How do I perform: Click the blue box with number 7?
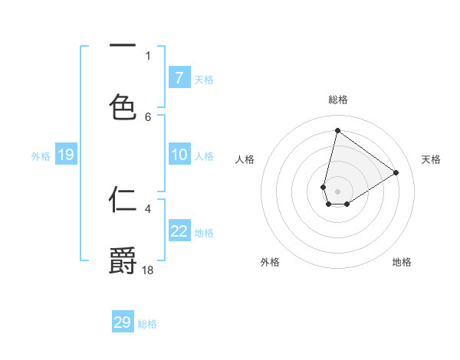pyautogui.click(x=179, y=77)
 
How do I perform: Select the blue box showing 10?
pyautogui.click(x=179, y=155)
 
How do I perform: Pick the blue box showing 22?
pyautogui.click(x=179, y=231)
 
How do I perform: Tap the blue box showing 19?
pyautogui.click(x=65, y=155)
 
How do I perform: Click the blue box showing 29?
pyautogui.click(x=123, y=322)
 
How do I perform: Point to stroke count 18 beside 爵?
pyautogui.click(x=149, y=270)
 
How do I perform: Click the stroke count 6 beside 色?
pyautogui.click(x=148, y=116)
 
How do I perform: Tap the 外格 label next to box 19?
pyautogui.click(x=41, y=156)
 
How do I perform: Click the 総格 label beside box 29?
pyautogui.click(x=147, y=324)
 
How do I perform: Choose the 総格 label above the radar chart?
pyautogui.click(x=337, y=100)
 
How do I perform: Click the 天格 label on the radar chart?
pyautogui.click(x=431, y=159)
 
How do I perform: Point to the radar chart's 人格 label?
pyautogui.click(x=245, y=159)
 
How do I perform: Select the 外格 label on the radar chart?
pyautogui.click(x=270, y=262)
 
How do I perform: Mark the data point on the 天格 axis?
pyautogui.click(x=396, y=172)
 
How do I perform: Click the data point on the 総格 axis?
pyautogui.click(x=337, y=130)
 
